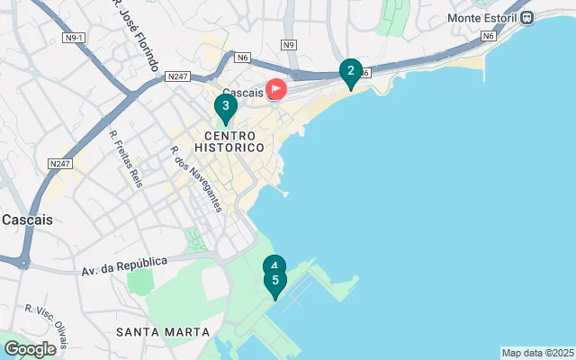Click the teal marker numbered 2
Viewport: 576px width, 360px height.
click(350, 71)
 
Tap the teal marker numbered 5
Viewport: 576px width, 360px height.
click(274, 281)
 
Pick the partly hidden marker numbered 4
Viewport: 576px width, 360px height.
click(274, 264)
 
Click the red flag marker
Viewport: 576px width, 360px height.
click(276, 89)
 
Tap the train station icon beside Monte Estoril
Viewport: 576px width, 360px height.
click(528, 17)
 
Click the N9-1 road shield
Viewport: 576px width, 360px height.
click(73, 38)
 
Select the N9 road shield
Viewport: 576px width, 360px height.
click(288, 44)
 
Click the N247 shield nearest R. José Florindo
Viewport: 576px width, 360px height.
click(177, 78)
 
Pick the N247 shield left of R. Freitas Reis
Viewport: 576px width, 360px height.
click(60, 163)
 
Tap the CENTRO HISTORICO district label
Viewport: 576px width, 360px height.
click(228, 139)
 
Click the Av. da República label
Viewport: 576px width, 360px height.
click(124, 265)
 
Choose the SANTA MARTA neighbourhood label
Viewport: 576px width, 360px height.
click(163, 332)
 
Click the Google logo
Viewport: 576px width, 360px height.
click(30, 349)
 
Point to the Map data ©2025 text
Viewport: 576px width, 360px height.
click(537, 353)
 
